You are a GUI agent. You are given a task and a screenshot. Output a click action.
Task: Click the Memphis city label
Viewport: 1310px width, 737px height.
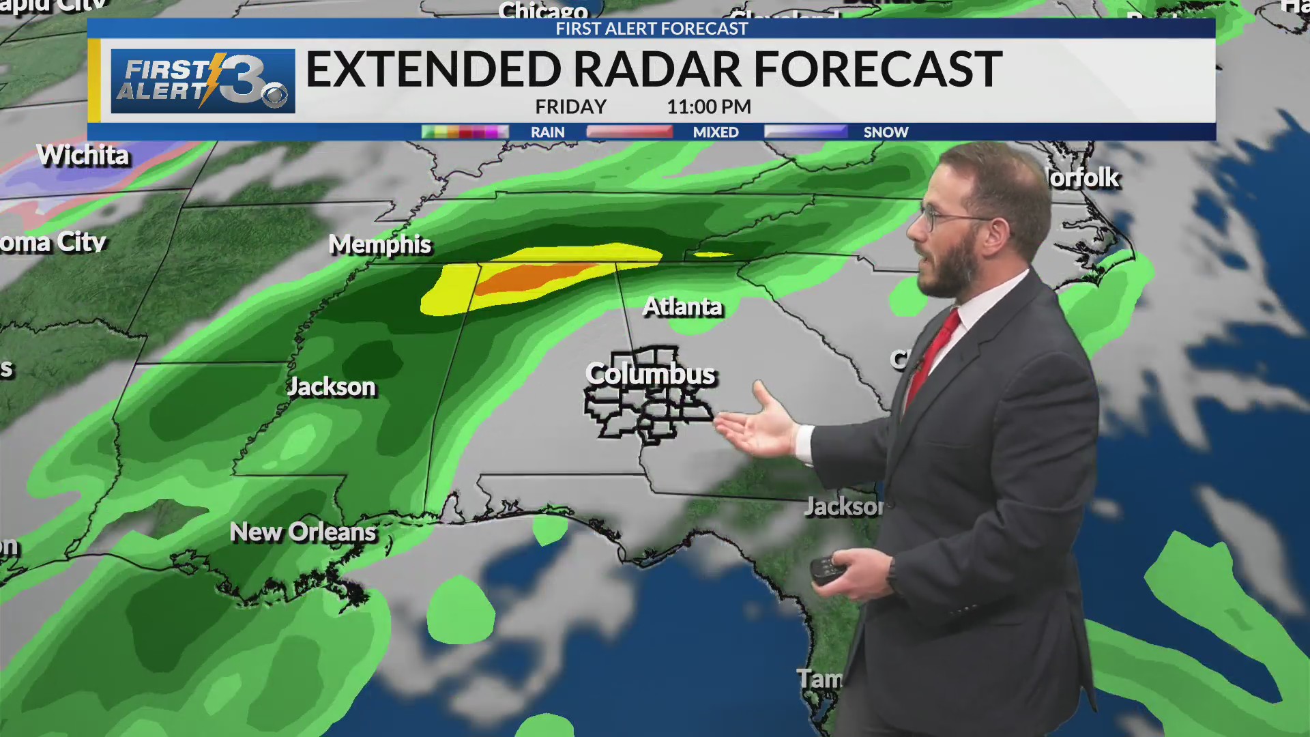click(x=380, y=244)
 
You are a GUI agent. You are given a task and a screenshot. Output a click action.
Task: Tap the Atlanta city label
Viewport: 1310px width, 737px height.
click(x=682, y=307)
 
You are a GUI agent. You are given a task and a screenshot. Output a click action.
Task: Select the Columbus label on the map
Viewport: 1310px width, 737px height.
click(x=650, y=374)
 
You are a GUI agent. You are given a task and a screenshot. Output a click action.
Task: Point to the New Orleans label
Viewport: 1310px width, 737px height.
click(x=303, y=532)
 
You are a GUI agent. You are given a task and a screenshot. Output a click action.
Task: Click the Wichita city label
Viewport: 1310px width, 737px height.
click(x=83, y=156)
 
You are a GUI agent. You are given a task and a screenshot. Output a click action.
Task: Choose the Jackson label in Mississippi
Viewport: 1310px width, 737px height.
click(x=332, y=387)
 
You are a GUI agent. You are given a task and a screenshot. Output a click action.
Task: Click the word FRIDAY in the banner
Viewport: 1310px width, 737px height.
click(x=570, y=107)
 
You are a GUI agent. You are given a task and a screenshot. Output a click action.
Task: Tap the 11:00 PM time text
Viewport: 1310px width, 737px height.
click(x=709, y=107)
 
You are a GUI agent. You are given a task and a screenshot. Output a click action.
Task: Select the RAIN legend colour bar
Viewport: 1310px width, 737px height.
click(x=465, y=132)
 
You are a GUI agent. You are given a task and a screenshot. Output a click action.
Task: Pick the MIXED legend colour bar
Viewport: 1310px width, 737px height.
click(x=629, y=132)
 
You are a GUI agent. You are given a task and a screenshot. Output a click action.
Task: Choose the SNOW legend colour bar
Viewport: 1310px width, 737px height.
click(x=805, y=132)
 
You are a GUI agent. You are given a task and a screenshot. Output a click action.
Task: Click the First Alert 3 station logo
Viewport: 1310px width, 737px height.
click(x=203, y=81)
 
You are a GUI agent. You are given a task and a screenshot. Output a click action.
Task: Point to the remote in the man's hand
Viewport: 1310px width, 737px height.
click(x=828, y=569)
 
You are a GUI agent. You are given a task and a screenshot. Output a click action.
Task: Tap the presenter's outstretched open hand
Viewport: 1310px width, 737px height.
click(x=757, y=427)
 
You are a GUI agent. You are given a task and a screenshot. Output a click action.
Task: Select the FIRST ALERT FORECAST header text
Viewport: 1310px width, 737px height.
click(x=652, y=29)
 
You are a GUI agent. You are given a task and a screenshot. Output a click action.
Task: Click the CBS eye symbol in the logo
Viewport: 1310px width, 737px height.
click(x=276, y=96)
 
